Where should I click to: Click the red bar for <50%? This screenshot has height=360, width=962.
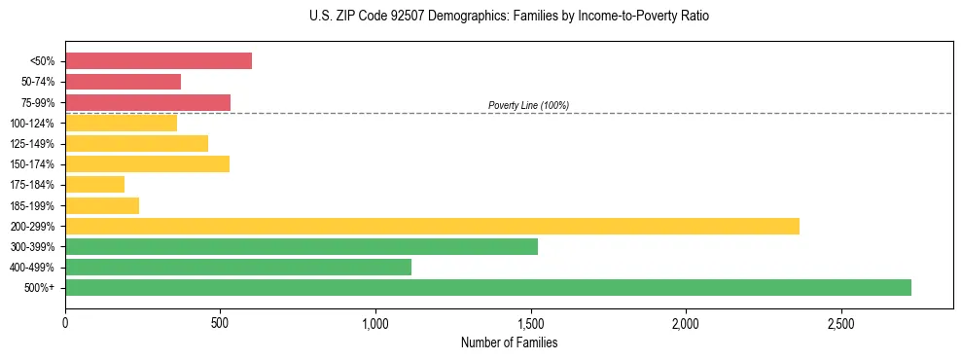tap(159, 61)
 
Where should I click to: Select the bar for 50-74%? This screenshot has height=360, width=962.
tap(123, 82)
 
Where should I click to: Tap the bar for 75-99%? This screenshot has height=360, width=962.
tap(148, 102)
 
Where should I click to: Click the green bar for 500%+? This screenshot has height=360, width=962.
tap(488, 287)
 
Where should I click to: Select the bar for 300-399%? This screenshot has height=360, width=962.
tap(302, 246)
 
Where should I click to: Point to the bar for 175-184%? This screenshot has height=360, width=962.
tap(95, 185)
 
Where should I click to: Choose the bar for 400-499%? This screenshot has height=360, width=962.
tap(238, 267)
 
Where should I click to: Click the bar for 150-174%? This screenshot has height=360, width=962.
tap(147, 164)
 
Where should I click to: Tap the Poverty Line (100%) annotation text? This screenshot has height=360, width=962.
tap(528, 105)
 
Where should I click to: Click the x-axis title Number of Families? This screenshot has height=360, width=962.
tap(509, 343)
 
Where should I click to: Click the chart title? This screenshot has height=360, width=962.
tap(509, 17)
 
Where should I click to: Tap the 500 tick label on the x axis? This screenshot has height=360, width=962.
tap(220, 323)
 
